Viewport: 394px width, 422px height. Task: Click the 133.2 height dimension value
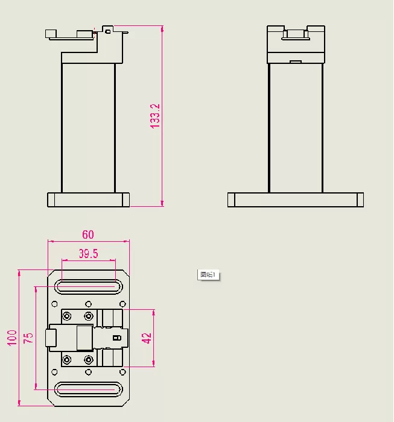tap(155, 116)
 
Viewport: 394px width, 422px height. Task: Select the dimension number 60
tap(88, 235)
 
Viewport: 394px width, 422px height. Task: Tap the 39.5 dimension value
tap(88, 254)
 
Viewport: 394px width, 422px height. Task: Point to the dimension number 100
tap(11, 338)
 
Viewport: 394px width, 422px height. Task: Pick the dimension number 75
tap(28, 338)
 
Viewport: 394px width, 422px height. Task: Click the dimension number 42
tap(147, 338)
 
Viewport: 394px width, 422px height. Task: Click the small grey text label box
tap(209, 275)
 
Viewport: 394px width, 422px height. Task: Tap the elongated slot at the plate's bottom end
tap(88, 389)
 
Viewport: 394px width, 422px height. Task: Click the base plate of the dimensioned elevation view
tap(88, 200)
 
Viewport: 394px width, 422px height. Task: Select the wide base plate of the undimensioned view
tap(296, 200)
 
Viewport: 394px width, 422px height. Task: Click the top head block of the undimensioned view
tap(296, 45)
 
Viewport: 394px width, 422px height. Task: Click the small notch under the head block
tap(296, 61)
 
